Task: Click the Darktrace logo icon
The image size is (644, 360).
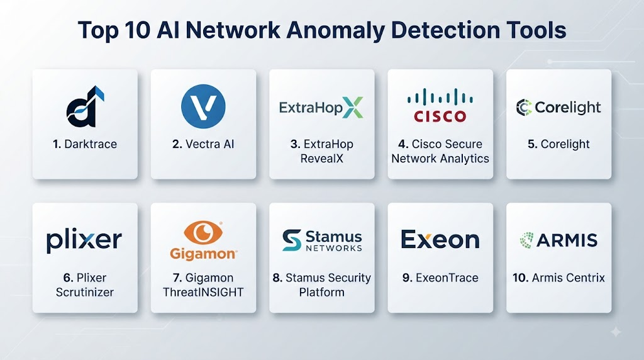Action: [85, 107]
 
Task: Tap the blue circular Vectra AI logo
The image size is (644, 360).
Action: [203, 106]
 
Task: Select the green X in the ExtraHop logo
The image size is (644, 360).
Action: [353, 108]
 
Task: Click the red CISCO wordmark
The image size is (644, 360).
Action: [440, 116]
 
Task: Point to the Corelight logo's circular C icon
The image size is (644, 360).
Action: [524, 107]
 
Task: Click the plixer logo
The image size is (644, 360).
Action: [84, 240]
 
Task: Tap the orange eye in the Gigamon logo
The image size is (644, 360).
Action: [203, 232]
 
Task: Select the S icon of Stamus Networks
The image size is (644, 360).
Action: [292, 240]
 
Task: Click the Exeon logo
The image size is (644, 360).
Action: [440, 239]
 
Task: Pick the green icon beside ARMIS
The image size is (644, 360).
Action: [526, 240]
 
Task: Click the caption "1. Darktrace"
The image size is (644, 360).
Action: [85, 144]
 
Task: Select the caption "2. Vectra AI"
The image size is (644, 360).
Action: [203, 144]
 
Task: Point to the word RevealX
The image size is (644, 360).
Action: [321, 159]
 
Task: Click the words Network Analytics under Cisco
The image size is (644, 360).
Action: [440, 159]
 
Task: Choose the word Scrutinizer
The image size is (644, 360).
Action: [85, 292]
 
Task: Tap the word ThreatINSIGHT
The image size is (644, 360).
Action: [203, 292]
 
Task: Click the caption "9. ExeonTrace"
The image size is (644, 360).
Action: [440, 278]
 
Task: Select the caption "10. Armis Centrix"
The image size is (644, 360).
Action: [558, 278]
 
